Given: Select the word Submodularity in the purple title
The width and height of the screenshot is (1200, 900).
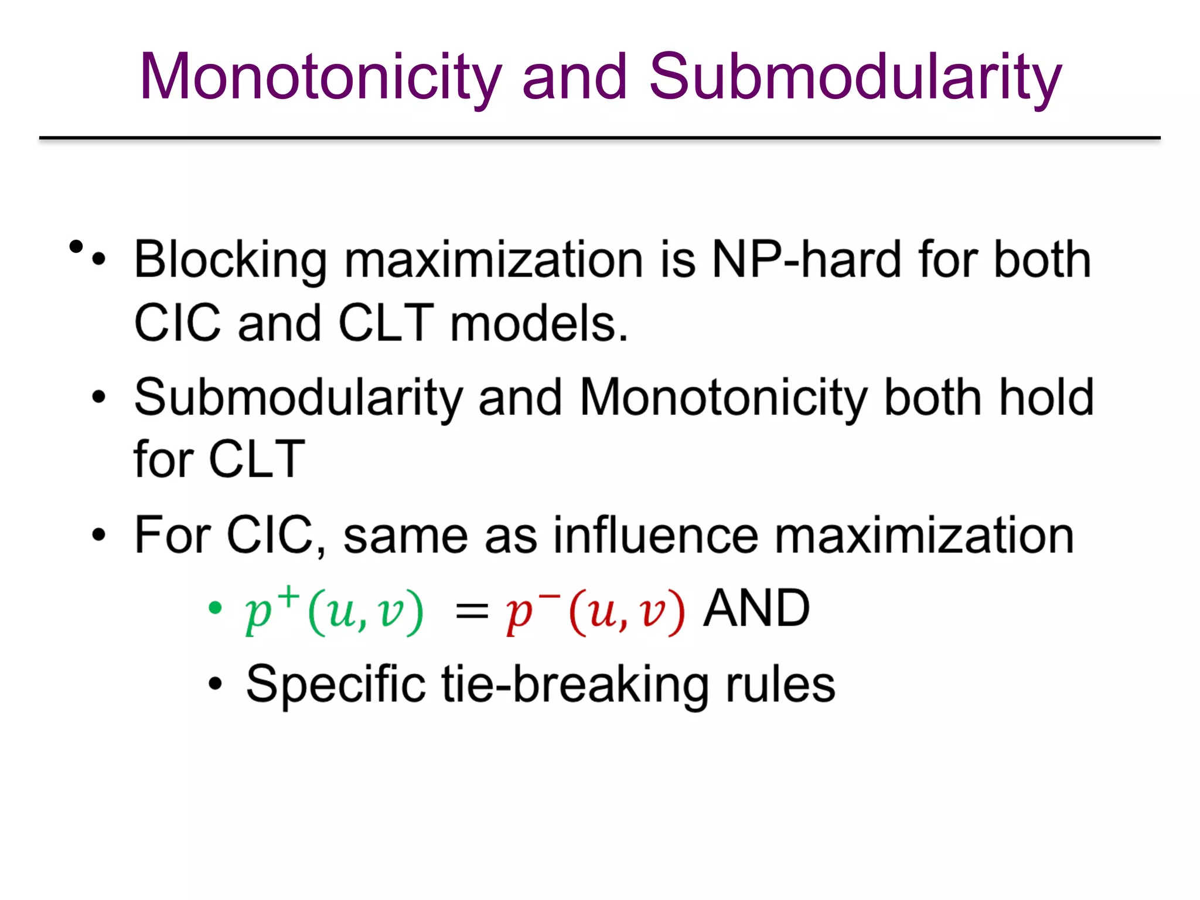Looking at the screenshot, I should coord(855,77).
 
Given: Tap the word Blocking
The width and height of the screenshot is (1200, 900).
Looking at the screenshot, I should coord(230,260).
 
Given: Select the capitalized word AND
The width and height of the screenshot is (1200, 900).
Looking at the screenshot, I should coord(756,608).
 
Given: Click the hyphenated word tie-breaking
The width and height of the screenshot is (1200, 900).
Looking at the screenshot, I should coord(575,684).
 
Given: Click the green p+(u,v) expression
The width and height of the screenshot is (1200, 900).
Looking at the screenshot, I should coord(334,612).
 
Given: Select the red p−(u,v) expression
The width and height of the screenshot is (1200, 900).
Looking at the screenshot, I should coord(595,612).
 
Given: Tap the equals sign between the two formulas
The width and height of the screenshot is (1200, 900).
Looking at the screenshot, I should coord(472,613).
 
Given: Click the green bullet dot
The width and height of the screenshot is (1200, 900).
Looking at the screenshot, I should coord(215,608).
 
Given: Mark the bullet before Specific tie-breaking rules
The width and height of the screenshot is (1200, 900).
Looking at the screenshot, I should coord(215,683).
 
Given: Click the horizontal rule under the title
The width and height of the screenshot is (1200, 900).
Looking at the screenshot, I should coord(600,138).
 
